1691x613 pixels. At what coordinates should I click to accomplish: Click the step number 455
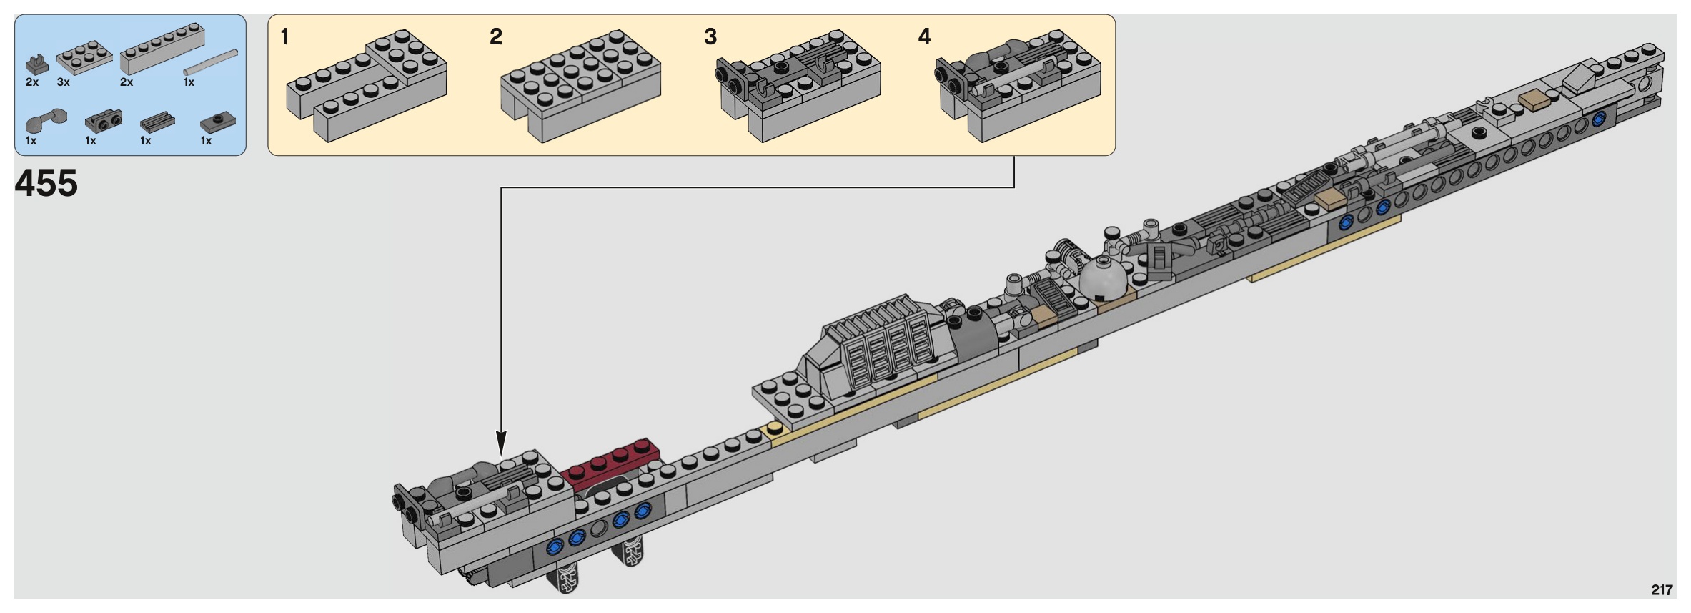click(46, 184)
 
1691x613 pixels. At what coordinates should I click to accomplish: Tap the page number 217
click(1662, 590)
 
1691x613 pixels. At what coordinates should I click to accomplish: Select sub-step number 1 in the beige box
click(285, 36)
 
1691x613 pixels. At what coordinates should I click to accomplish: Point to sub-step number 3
click(710, 36)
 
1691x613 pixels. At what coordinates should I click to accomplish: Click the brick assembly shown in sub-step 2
click(580, 83)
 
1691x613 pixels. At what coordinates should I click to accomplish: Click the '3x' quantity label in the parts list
click(64, 83)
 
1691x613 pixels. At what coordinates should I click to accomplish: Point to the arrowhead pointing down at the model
click(501, 443)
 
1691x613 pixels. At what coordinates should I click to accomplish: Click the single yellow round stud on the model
click(774, 429)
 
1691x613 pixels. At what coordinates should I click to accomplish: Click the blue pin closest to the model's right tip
click(1599, 122)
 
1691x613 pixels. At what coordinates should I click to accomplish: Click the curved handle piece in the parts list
click(45, 121)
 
